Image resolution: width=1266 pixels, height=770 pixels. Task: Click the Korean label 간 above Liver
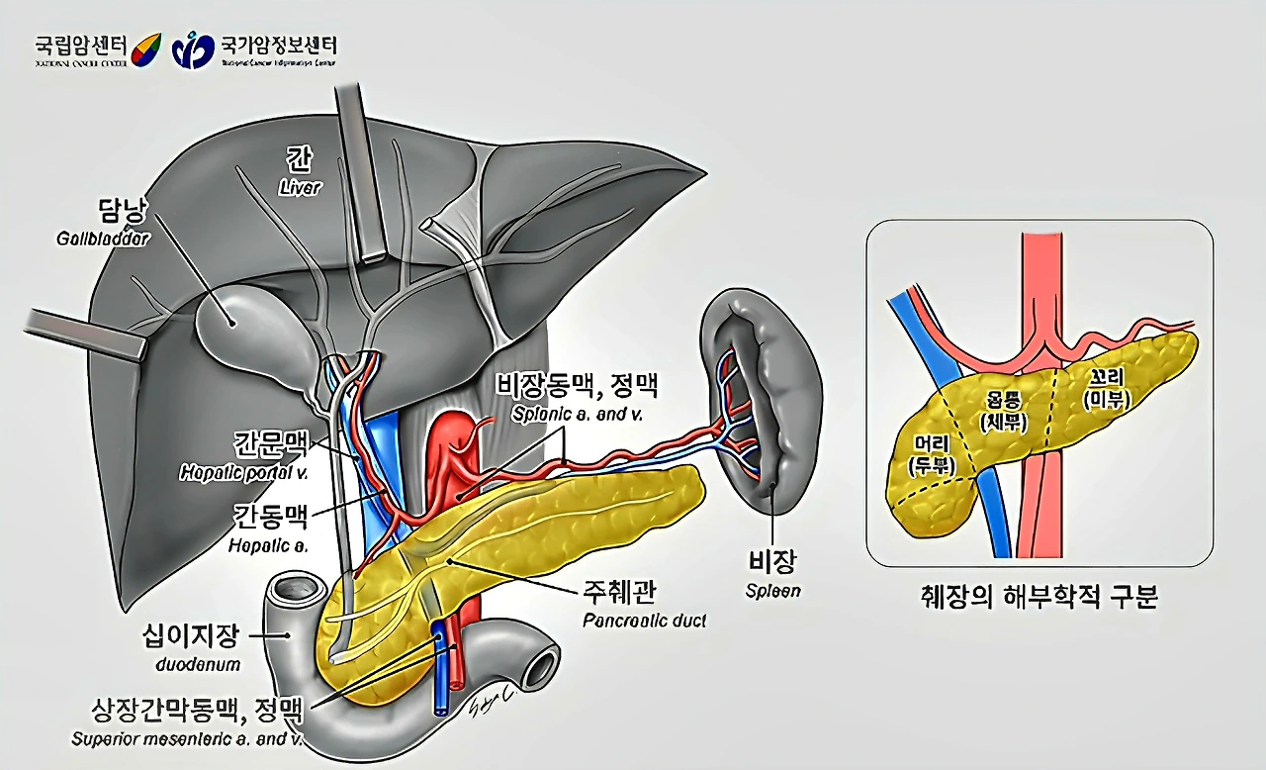pos(298,158)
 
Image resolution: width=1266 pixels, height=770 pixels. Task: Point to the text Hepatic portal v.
pos(243,473)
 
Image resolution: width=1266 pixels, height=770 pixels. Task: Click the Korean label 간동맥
pos(271,517)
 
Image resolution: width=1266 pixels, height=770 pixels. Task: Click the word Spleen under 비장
pos(773,591)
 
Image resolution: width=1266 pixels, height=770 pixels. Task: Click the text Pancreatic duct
pos(644,622)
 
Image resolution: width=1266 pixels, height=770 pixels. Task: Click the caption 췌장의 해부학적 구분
pos(1038,598)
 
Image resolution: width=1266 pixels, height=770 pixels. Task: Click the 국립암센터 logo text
pos(80,45)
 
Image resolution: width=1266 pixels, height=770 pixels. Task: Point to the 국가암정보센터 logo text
pos(278,45)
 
